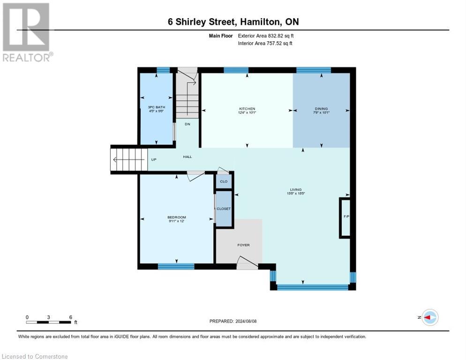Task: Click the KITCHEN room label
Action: [247, 109]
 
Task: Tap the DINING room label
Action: [321, 109]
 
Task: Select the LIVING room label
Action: [295, 190]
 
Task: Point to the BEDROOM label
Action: [177, 217]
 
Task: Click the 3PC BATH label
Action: [157, 107]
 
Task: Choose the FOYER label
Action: [243, 245]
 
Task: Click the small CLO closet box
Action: [224, 181]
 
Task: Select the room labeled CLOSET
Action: [224, 209]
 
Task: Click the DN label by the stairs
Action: [187, 124]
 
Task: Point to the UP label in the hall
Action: [153, 159]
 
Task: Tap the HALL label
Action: [188, 157]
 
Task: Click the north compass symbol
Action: [429, 317]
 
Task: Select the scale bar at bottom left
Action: [49, 322]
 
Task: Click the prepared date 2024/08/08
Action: [233, 321]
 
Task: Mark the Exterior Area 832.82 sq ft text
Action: [266, 36]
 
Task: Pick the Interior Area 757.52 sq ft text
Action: [265, 44]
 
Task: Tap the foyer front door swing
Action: [247, 263]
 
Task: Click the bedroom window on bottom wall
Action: [176, 266]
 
